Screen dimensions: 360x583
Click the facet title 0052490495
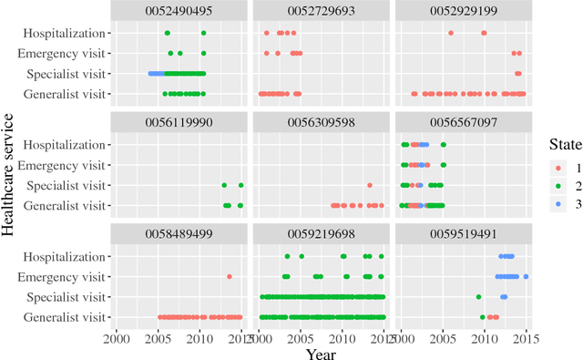(178, 13)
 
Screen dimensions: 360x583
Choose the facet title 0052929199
(465, 13)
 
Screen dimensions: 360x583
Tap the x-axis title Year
(322, 353)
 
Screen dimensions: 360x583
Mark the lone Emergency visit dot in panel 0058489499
(230, 276)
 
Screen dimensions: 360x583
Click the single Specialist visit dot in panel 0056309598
(370, 185)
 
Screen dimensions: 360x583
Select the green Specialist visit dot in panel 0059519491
(479, 296)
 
